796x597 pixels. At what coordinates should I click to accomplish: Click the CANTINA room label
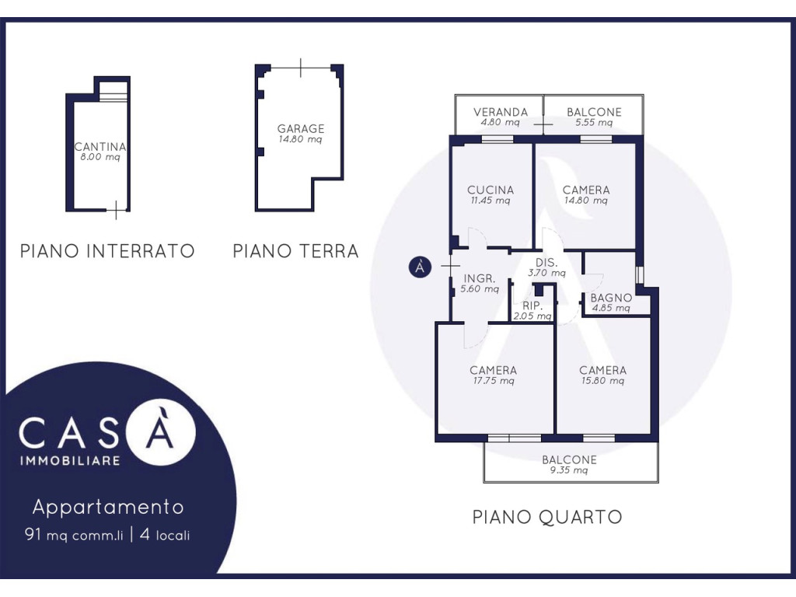click(100, 147)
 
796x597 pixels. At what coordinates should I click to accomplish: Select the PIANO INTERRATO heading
click(107, 251)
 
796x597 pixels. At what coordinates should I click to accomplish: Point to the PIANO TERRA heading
click(296, 251)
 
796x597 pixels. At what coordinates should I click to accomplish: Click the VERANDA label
click(501, 112)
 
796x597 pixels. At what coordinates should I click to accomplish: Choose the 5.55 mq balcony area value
click(594, 122)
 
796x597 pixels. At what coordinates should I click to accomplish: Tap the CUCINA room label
click(491, 190)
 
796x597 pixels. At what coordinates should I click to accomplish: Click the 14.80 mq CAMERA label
click(586, 195)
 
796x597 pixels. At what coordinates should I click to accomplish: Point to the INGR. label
click(480, 279)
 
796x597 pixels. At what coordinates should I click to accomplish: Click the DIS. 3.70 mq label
click(546, 267)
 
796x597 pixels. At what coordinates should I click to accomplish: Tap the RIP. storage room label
click(532, 306)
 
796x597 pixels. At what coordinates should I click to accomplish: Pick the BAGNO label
click(611, 298)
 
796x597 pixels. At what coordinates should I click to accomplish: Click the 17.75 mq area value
click(494, 381)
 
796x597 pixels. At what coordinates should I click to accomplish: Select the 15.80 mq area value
click(602, 381)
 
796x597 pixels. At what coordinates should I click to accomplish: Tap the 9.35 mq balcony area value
click(569, 470)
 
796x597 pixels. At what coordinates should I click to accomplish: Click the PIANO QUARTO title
click(547, 517)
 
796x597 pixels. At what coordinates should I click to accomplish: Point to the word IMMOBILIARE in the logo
click(70, 461)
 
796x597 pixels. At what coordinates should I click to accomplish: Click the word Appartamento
click(108, 507)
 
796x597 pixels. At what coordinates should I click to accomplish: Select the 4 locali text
click(165, 535)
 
